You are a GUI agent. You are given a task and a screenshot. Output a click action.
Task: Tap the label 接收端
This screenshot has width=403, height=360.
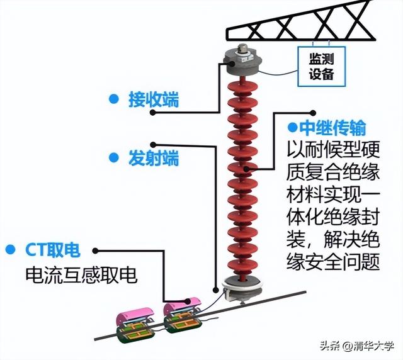pos(154,99)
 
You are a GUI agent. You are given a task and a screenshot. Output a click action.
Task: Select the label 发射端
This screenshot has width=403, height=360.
pos(154,157)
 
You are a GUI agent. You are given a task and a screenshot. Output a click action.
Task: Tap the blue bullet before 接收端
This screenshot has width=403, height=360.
pos(113,99)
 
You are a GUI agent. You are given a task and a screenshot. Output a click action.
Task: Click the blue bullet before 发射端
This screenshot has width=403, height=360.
pos(113,156)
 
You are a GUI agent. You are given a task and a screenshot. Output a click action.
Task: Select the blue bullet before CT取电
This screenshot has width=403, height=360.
pos(9,250)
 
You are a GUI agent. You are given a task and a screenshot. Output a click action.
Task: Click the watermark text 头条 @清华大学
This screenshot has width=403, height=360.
pos(356,346)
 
